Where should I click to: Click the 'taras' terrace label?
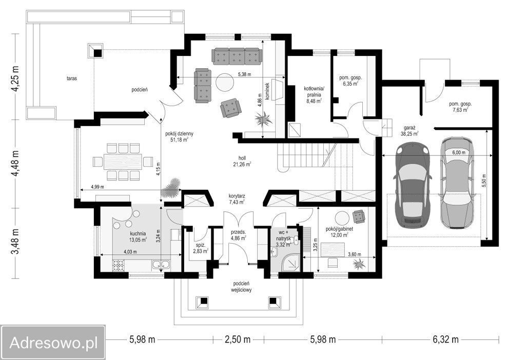72,78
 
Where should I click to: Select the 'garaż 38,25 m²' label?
409,131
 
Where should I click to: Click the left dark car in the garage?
413,185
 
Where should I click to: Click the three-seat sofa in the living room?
237,56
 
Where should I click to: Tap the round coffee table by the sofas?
225,82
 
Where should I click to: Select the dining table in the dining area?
123,162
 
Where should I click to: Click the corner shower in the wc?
291,261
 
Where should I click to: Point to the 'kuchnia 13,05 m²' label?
138,236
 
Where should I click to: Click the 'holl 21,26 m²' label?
242,161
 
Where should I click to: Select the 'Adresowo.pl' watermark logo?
53,343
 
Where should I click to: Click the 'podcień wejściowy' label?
241,287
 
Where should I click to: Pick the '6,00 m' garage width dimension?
459,152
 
